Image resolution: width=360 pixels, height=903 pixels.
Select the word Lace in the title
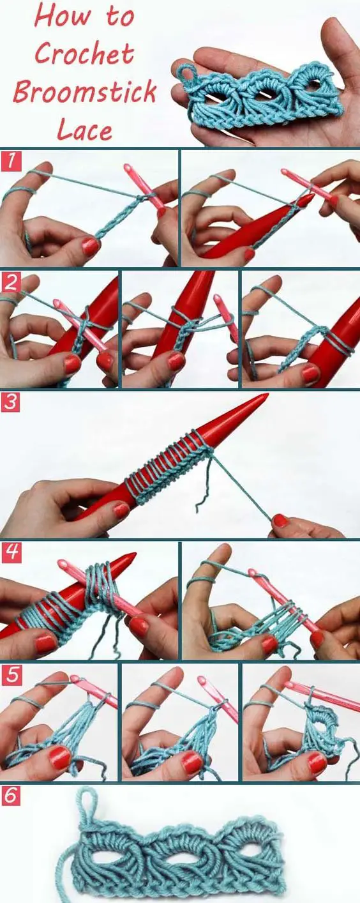click(x=84, y=129)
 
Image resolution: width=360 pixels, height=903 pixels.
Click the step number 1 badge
click(x=10, y=161)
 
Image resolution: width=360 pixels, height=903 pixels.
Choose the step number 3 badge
click(x=10, y=402)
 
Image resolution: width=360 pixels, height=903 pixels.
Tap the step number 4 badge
click(x=11, y=553)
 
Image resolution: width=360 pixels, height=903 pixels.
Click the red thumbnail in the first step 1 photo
click(x=90, y=246)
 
